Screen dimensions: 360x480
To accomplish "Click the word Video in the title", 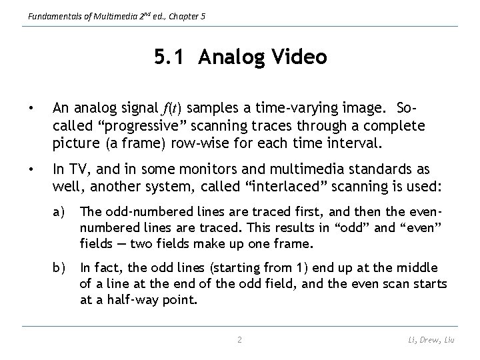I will pos(299,58).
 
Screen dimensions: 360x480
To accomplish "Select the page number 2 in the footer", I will pos(240,340).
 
